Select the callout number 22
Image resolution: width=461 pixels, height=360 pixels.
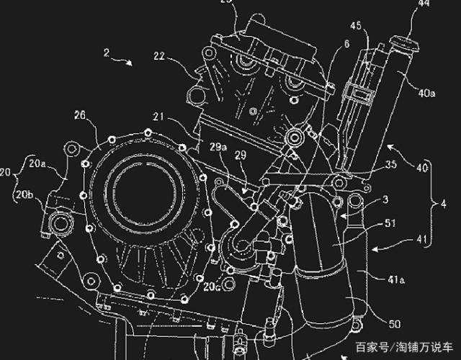click(x=159, y=56)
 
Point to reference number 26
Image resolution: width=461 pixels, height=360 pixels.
click(x=80, y=115)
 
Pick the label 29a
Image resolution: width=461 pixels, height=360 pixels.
click(x=218, y=148)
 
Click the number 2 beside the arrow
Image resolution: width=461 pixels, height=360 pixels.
click(x=106, y=52)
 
